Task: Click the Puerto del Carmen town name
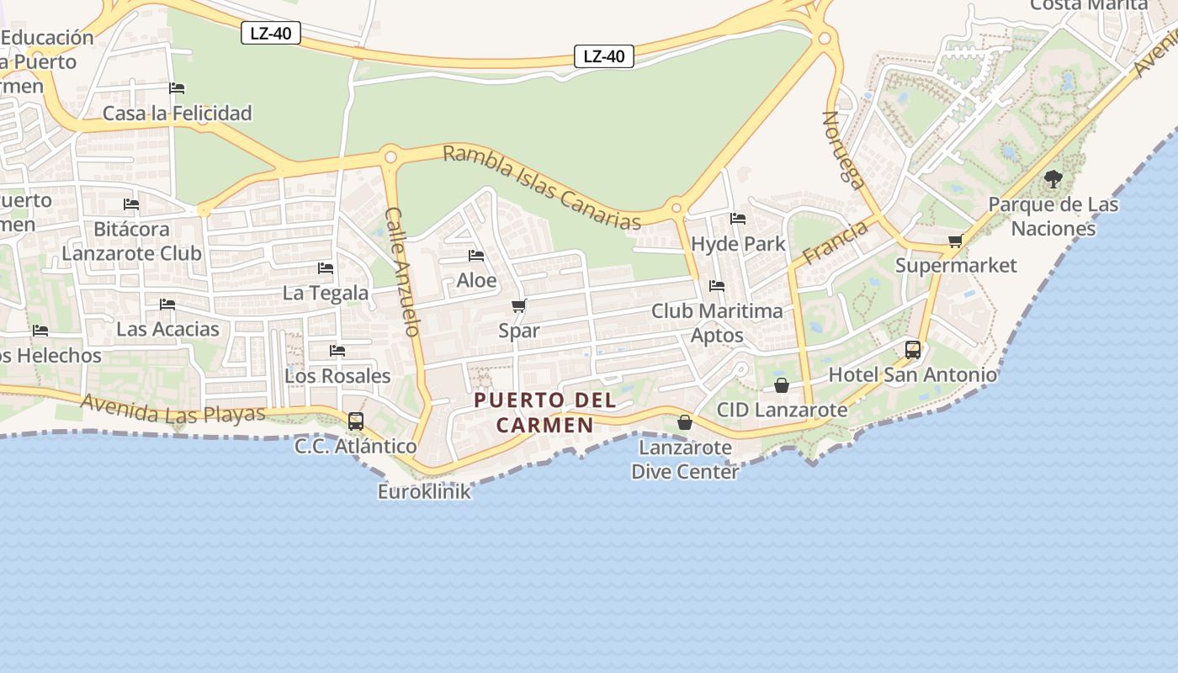(545, 412)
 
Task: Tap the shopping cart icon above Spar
(519, 306)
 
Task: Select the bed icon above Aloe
(476, 256)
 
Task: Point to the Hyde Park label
(738, 244)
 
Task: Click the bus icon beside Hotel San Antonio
(913, 350)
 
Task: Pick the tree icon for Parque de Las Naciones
(1053, 178)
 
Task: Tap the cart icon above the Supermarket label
(955, 242)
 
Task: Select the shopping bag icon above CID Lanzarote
(782, 385)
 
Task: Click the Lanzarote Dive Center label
(685, 459)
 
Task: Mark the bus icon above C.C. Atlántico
(356, 421)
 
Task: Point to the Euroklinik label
(424, 492)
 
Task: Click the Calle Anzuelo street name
(402, 272)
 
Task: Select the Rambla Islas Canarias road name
(541, 188)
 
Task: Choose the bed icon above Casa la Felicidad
(177, 88)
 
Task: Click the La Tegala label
(326, 293)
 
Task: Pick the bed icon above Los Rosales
(337, 351)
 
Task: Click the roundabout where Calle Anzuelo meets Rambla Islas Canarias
(390, 156)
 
